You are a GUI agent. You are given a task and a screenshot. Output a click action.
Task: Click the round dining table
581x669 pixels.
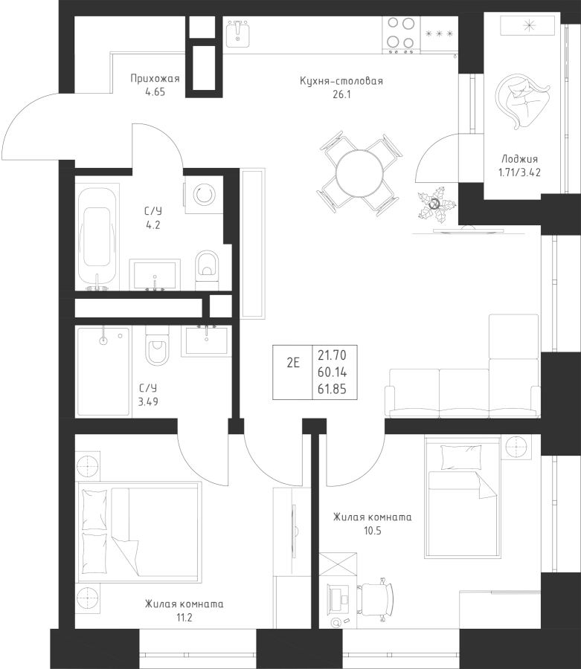pyautogui.click(x=360, y=174)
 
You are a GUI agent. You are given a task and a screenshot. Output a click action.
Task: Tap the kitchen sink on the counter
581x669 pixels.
pyautogui.click(x=238, y=33)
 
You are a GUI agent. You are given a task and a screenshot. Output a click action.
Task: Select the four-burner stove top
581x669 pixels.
pyautogui.click(x=401, y=36)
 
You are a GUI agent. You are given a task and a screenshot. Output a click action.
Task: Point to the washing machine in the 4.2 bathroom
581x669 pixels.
pyautogui.click(x=204, y=195)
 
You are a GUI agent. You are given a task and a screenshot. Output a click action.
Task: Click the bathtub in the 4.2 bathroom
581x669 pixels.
pyautogui.click(x=97, y=237)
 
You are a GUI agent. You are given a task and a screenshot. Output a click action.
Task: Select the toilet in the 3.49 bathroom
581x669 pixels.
pyautogui.click(x=157, y=345)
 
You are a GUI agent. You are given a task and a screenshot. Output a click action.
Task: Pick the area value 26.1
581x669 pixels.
pyautogui.click(x=341, y=94)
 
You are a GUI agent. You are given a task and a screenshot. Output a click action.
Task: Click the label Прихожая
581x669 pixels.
pyautogui.click(x=155, y=79)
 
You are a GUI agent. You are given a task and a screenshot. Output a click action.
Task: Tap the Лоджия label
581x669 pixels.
pyautogui.click(x=519, y=159)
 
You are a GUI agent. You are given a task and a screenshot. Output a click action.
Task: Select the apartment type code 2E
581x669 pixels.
pyautogui.click(x=293, y=363)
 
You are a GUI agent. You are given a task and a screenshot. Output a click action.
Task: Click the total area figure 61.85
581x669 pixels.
pyautogui.click(x=332, y=389)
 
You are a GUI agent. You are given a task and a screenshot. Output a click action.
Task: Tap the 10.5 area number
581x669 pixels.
pyautogui.click(x=372, y=531)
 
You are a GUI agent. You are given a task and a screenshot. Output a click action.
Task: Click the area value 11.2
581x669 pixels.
pyautogui.click(x=184, y=618)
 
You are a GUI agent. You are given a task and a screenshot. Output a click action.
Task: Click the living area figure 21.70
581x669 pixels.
pyautogui.click(x=332, y=355)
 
